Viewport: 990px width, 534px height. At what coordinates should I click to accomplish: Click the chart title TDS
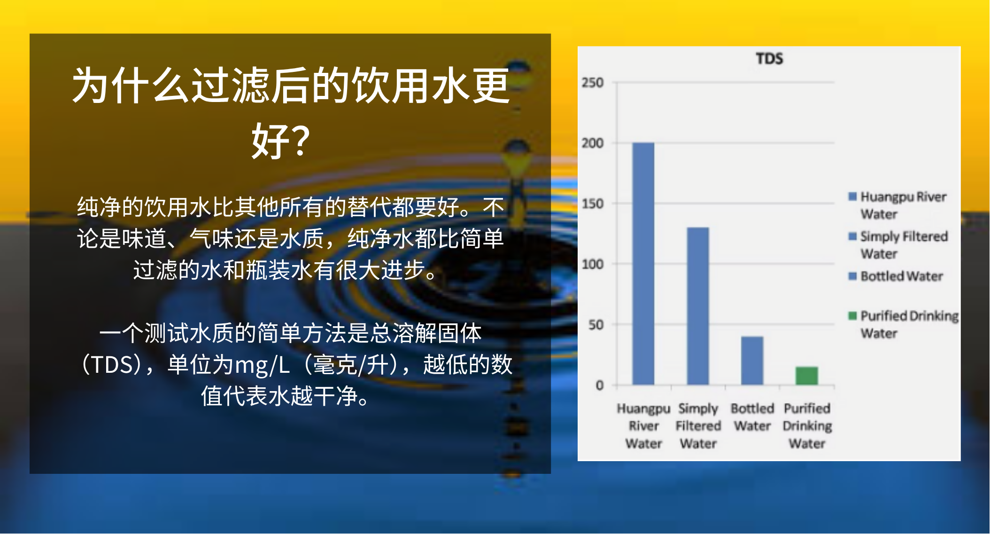click(769, 59)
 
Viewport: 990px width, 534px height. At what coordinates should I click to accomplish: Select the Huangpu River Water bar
click(643, 264)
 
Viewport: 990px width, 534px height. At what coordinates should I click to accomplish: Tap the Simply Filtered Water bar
click(698, 306)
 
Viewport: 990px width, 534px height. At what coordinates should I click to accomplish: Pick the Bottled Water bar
click(752, 361)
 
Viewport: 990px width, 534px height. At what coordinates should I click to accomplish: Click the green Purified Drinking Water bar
click(807, 376)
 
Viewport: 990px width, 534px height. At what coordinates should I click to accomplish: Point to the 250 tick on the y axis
click(593, 83)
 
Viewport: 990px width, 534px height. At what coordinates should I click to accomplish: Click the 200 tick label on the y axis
click(593, 143)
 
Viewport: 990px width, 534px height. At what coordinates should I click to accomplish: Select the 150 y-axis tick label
click(593, 204)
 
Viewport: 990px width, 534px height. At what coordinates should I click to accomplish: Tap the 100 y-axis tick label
click(593, 264)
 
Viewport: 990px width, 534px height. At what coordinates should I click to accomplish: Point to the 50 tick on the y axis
click(596, 325)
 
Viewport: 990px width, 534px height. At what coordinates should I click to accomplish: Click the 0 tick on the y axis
click(600, 385)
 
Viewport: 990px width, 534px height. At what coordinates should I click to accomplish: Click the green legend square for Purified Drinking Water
click(852, 315)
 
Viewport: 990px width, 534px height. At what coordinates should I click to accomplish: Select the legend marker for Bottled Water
click(852, 276)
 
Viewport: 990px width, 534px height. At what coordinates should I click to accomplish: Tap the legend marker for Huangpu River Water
click(852, 196)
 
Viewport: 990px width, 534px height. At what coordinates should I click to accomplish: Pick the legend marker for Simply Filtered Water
click(852, 236)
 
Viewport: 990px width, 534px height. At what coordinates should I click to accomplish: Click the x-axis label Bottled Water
click(752, 417)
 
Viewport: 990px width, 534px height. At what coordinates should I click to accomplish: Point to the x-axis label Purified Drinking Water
click(807, 426)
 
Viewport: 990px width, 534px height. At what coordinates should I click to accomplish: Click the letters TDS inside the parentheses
click(113, 365)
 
